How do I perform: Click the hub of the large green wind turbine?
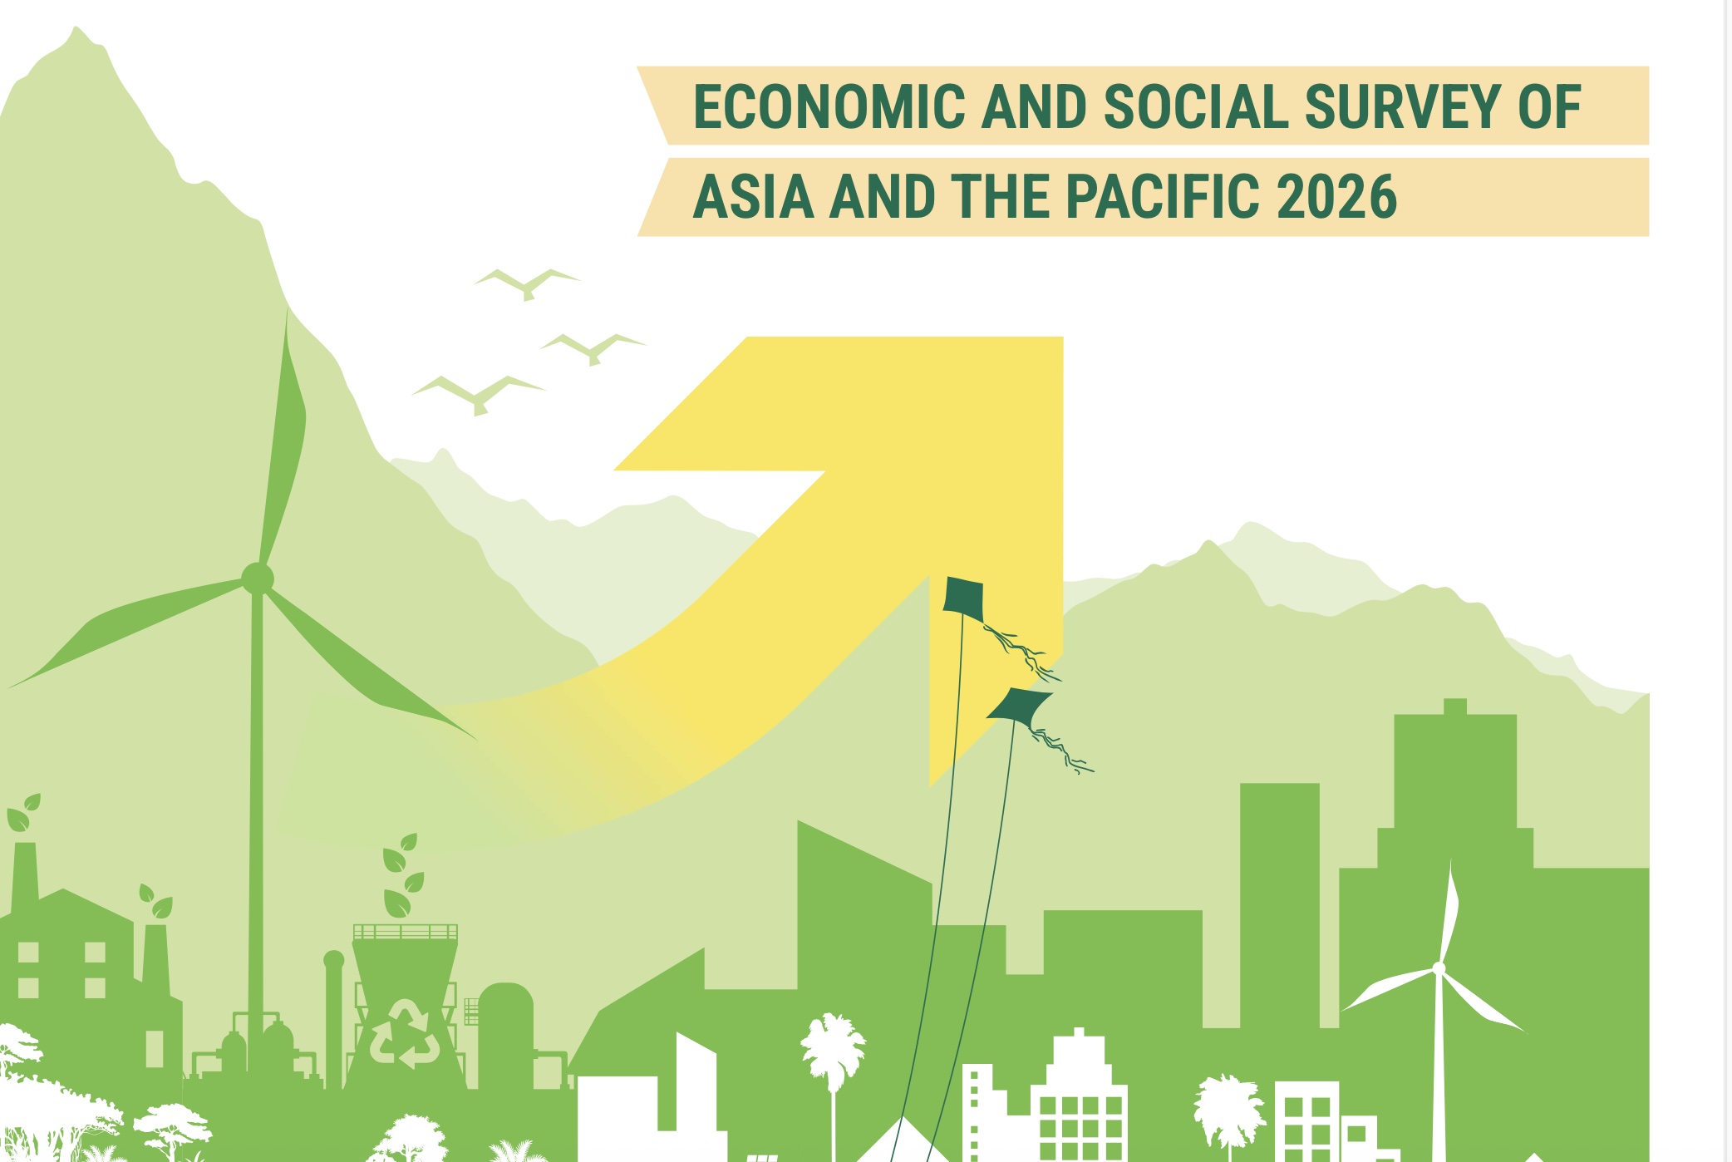(x=257, y=578)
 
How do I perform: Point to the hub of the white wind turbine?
(x=1439, y=968)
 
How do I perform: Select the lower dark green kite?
(x=1019, y=706)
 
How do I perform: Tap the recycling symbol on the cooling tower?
(x=405, y=1033)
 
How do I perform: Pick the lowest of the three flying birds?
(x=479, y=394)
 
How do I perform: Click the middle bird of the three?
(x=593, y=348)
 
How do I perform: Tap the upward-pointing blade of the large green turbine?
(x=283, y=441)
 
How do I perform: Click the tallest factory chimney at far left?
(x=24, y=877)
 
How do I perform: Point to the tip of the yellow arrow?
(x=1062, y=337)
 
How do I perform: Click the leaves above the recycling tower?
(x=403, y=875)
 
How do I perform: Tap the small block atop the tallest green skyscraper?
(x=1455, y=707)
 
